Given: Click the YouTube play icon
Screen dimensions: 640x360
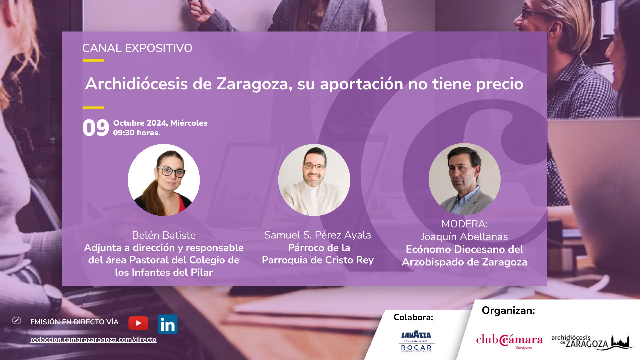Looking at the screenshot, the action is pyautogui.click(x=138, y=323).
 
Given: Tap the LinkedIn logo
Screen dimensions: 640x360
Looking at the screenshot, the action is pyautogui.click(x=168, y=324).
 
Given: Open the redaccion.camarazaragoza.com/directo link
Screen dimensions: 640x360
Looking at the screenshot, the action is pyautogui.click(x=93, y=339).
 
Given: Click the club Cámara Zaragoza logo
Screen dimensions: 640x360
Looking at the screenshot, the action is pyautogui.click(x=509, y=341).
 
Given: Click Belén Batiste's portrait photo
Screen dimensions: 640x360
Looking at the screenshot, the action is pyautogui.click(x=164, y=180).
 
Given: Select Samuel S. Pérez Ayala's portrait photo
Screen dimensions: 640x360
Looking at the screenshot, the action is pyautogui.click(x=314, y=180).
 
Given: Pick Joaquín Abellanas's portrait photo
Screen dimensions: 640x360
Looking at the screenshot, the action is pyautogui.click(x=464, y=179).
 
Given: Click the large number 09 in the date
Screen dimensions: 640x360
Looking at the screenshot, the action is pyautogui.click(x=96, y=128).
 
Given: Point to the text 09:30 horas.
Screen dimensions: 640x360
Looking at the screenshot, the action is pyautogui.click(x=137, y=133).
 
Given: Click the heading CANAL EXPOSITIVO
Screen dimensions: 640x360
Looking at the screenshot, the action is pyautogui.click(x=137, y=48).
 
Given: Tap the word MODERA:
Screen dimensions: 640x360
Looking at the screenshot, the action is pyautogui.click(x=464, y=224).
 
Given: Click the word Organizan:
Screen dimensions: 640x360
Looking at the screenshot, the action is pyautogui.click(x=508, y=311).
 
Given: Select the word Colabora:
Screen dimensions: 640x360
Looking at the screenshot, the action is pyautogui.click(x=413, y=317).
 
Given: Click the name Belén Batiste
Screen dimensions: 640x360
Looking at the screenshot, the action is pyautogui.click(x=164, y=235).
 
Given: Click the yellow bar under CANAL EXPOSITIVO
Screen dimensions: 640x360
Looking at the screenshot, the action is pyautogui.click(x=93, y=61).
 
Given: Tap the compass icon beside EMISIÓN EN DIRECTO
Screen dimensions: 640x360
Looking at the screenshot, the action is pyautogui.click(x=16, y=321).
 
